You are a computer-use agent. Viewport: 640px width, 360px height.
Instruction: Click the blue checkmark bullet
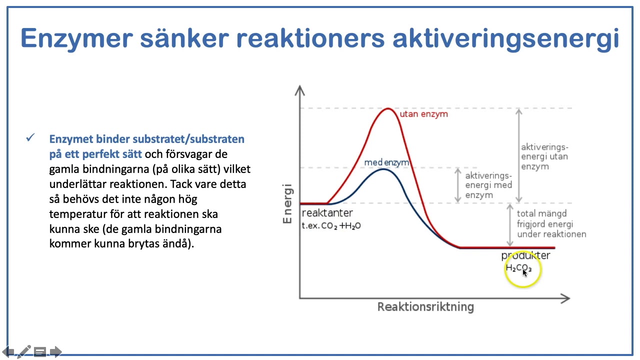[x=30, y=137]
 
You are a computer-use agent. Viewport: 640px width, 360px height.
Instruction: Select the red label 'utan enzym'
[x=423, y=114]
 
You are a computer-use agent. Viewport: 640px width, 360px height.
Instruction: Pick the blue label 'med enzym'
[x=386, y=162]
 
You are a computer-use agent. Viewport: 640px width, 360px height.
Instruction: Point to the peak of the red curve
[x=388, y=108]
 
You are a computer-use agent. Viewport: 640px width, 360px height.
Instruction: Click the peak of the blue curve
[x=383, y=169]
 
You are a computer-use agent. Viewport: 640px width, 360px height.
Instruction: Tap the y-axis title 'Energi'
[x=287, y=205]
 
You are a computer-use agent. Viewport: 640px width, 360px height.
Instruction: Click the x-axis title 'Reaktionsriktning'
[x=425, y=306]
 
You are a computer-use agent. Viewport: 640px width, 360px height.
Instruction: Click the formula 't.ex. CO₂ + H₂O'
[x=331, y=226]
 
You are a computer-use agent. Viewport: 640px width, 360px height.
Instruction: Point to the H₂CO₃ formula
[x=518, y=268]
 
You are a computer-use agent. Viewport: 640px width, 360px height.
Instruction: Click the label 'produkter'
[x=525, y=255]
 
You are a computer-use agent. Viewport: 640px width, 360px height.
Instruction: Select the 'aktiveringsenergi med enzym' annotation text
[x=488, y=185]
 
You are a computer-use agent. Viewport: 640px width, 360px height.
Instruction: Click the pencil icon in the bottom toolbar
[x=23, y=351]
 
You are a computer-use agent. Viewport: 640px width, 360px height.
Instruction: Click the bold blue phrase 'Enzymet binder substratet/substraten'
[x=146, y=138]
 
